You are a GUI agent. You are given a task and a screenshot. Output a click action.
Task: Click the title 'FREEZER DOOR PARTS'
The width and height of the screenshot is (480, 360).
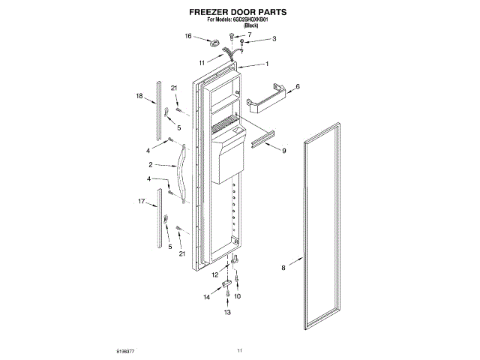click(x=238, y=13)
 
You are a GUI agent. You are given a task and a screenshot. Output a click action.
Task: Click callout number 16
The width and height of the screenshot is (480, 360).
click(x=189, y=35)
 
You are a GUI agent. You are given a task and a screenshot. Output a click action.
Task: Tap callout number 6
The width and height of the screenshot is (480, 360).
click(x=298, y=87)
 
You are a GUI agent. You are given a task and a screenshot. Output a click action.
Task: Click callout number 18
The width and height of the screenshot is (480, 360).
click(x=139, y=96)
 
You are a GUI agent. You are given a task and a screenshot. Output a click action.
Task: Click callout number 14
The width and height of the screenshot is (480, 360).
click(x=206, y=298)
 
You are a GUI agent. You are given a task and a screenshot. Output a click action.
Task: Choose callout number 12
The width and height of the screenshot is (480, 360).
click(x=214, y=275)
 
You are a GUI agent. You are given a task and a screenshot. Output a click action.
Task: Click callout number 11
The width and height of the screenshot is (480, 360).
click(x=202, y=62)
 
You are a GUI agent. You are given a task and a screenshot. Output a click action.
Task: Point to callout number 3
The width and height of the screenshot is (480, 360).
click(x=274, y=39)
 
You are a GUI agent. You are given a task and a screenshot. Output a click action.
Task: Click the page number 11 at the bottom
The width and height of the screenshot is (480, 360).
click(x=240, y=350)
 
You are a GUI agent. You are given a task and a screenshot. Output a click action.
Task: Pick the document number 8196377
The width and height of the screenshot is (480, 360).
click(x=126, y=350)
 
